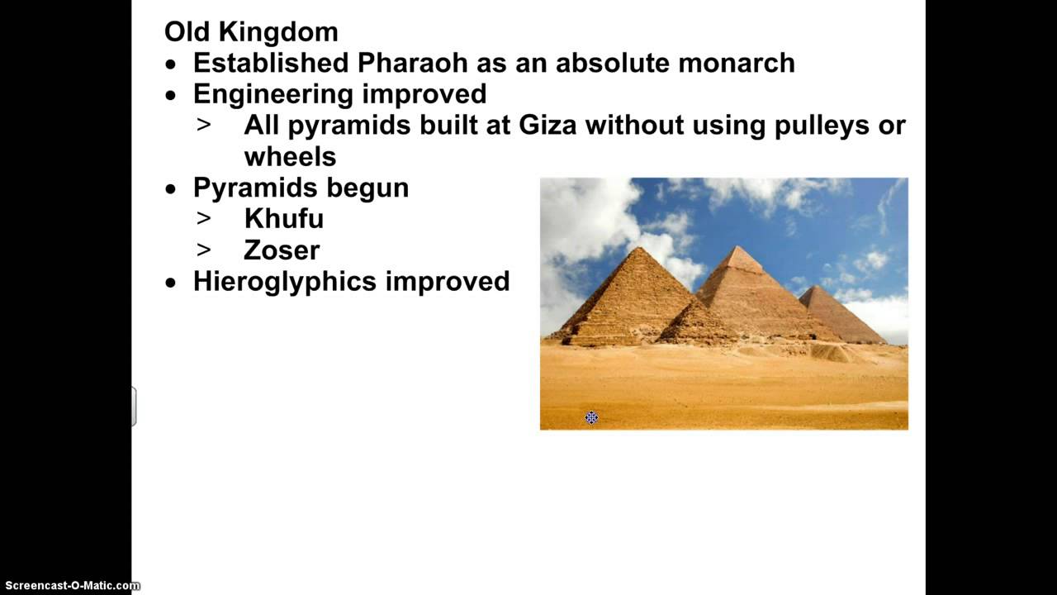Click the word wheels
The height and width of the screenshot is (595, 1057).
pos(290,157)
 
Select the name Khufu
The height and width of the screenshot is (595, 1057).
pos(283,219)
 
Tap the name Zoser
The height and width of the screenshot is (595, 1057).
pos(282,250)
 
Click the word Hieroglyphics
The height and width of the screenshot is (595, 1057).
pos(285,282)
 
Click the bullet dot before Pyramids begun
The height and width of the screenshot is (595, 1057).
pos(171,189)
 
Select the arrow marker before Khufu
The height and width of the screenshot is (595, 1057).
pos(203,219)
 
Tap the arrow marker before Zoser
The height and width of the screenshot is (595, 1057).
pos(203,250)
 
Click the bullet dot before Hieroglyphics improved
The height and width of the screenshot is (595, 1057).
pos(171,283)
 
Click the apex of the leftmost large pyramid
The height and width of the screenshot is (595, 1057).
pos(634,249)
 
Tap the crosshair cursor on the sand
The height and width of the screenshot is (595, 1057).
pos(591,418)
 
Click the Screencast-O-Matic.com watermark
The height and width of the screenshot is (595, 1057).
pos(70,586)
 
